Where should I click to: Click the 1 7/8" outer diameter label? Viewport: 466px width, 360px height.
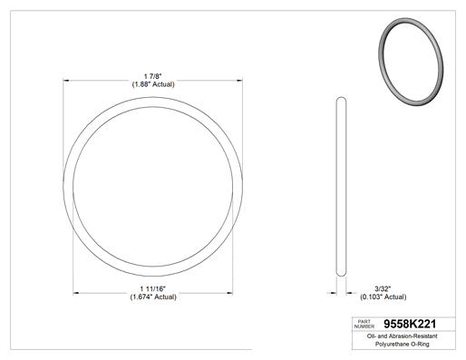click(153, 76)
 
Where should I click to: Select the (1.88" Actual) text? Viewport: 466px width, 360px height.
click(153, 84)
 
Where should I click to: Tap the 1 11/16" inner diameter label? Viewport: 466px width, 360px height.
click(153, 289)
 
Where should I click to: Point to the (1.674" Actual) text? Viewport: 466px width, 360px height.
click(153, 297)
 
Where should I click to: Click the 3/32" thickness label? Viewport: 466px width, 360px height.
click(383, 289)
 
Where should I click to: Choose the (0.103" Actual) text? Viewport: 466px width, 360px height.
click(383, 297)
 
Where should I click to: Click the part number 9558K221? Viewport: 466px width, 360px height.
click(410, 324)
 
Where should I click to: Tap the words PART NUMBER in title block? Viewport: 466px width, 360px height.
click(364, 324)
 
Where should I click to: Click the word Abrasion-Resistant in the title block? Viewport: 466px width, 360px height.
click(413, 336)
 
